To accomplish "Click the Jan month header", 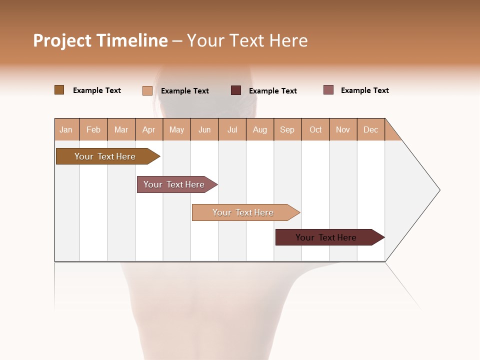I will pyautogui.click(x=66, y=129).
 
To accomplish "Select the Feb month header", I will pyautogui.click(x=93, y=129).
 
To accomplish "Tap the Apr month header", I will pyautogui.click(x=149, y=129).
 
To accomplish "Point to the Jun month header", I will pyautogui.click(x=204, y=129).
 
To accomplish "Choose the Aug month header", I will pyautogui.click(x=260, y=129).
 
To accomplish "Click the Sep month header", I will pyautogui.click(x=287, y=129).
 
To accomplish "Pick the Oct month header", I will pyautogui.click(x=315, y=129).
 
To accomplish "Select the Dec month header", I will pyautogui.click(x=371, y=129).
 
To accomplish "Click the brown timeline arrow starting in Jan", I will pyautogui.click(x=105, y=156).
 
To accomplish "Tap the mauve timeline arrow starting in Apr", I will pyautogui.click(x=174, y=184).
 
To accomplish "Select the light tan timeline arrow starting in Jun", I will pyautogui.click(x=243, y=212).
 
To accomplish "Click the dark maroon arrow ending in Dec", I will pyautogui.click(x=326, y=237).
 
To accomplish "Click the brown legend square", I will pyautogui.click(x=59, y=90).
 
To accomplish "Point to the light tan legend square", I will pyautogui.click(x=147, y=90).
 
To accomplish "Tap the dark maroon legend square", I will pyautogui.click(x=236, y=90).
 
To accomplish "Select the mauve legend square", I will pyautogui.click(x=328, y=90).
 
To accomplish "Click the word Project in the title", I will pyautogui.click(x=62, y=40).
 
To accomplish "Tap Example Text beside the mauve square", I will pyautogui.click(x=365, y=90).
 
